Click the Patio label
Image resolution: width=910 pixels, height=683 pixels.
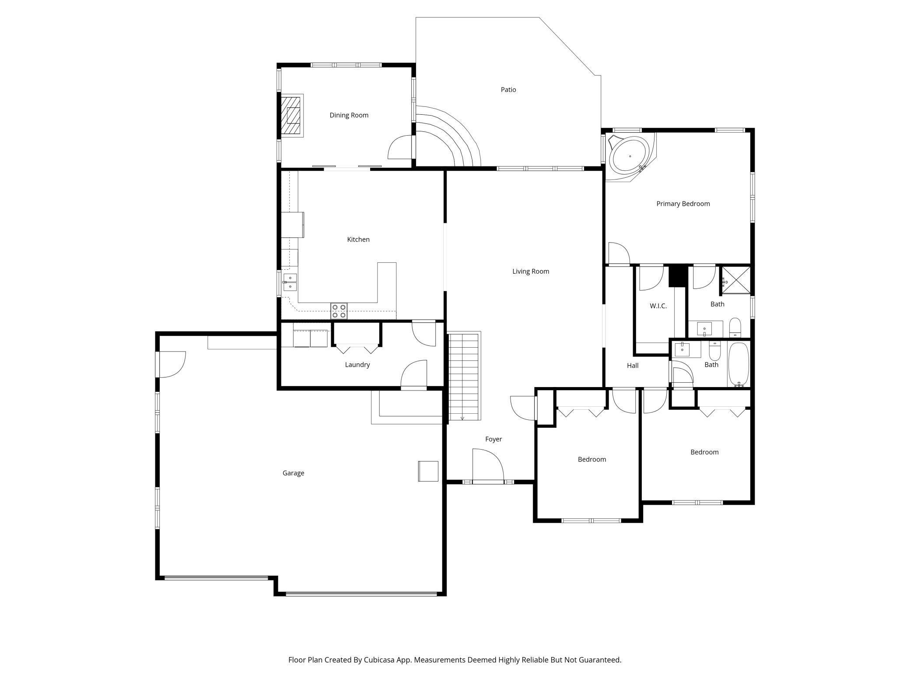point(508,90)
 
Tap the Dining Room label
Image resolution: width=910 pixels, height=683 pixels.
point(349,115)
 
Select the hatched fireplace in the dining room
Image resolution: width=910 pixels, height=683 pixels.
point(291,116)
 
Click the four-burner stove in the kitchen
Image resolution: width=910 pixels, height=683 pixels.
point(339,311)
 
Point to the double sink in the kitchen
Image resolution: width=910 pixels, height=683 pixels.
point(290,282)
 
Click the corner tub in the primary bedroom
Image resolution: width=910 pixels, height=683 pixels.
point(630,156)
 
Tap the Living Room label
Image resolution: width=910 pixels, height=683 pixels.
point(531,271)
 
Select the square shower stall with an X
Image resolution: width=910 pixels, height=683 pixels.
point(735,279)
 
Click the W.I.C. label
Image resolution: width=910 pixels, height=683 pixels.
point(658,306)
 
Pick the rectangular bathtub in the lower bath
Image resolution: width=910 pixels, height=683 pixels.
point(739,364)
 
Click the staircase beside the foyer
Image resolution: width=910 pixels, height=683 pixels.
point(465,376)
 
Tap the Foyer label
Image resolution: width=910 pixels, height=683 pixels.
point(493,439)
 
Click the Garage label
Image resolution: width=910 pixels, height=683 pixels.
point(293,473)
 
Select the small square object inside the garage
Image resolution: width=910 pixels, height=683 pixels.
point(428,471)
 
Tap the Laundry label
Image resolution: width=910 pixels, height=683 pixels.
point(357,365)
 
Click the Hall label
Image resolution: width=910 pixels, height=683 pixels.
point(633,366)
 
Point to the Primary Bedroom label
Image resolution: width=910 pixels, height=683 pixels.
point(683,204)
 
